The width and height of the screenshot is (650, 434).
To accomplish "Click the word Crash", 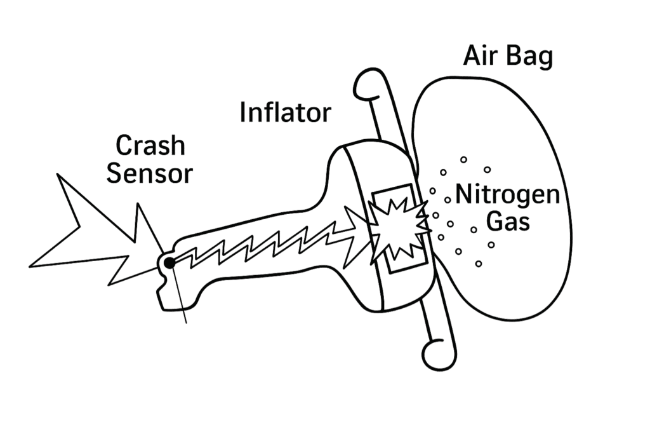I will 150,146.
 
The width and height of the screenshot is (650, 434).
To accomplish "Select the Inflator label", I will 286,113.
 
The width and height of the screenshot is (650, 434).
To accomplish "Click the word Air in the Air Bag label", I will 479,57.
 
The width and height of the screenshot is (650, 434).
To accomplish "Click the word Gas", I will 505,222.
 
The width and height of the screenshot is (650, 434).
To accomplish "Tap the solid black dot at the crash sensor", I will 169,262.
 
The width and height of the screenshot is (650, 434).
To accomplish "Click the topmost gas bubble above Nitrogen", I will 463,159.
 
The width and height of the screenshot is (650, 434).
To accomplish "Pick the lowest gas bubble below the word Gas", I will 479,263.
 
